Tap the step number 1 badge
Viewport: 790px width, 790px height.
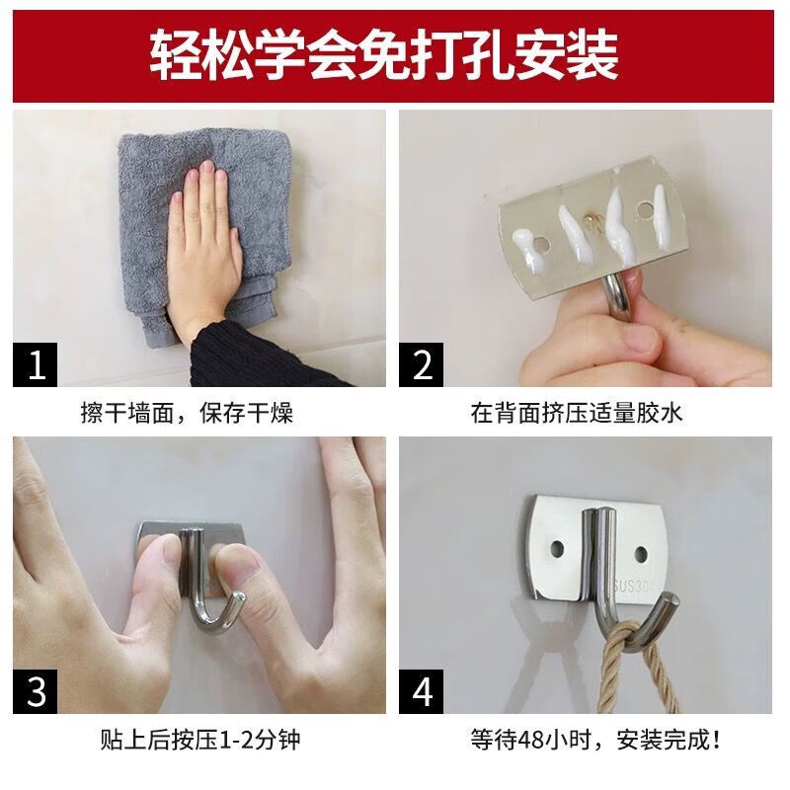[37, 364]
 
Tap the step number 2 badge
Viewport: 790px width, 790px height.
[423, 364]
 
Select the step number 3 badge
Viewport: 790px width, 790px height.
[37, 690]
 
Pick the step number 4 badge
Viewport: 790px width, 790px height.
[423, 690]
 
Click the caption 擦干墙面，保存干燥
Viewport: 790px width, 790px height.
[187, 413]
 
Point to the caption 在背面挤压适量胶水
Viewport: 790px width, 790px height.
[577, 413]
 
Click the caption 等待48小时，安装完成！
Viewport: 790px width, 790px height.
[582, 739]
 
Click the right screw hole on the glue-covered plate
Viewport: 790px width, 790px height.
[650, 209]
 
